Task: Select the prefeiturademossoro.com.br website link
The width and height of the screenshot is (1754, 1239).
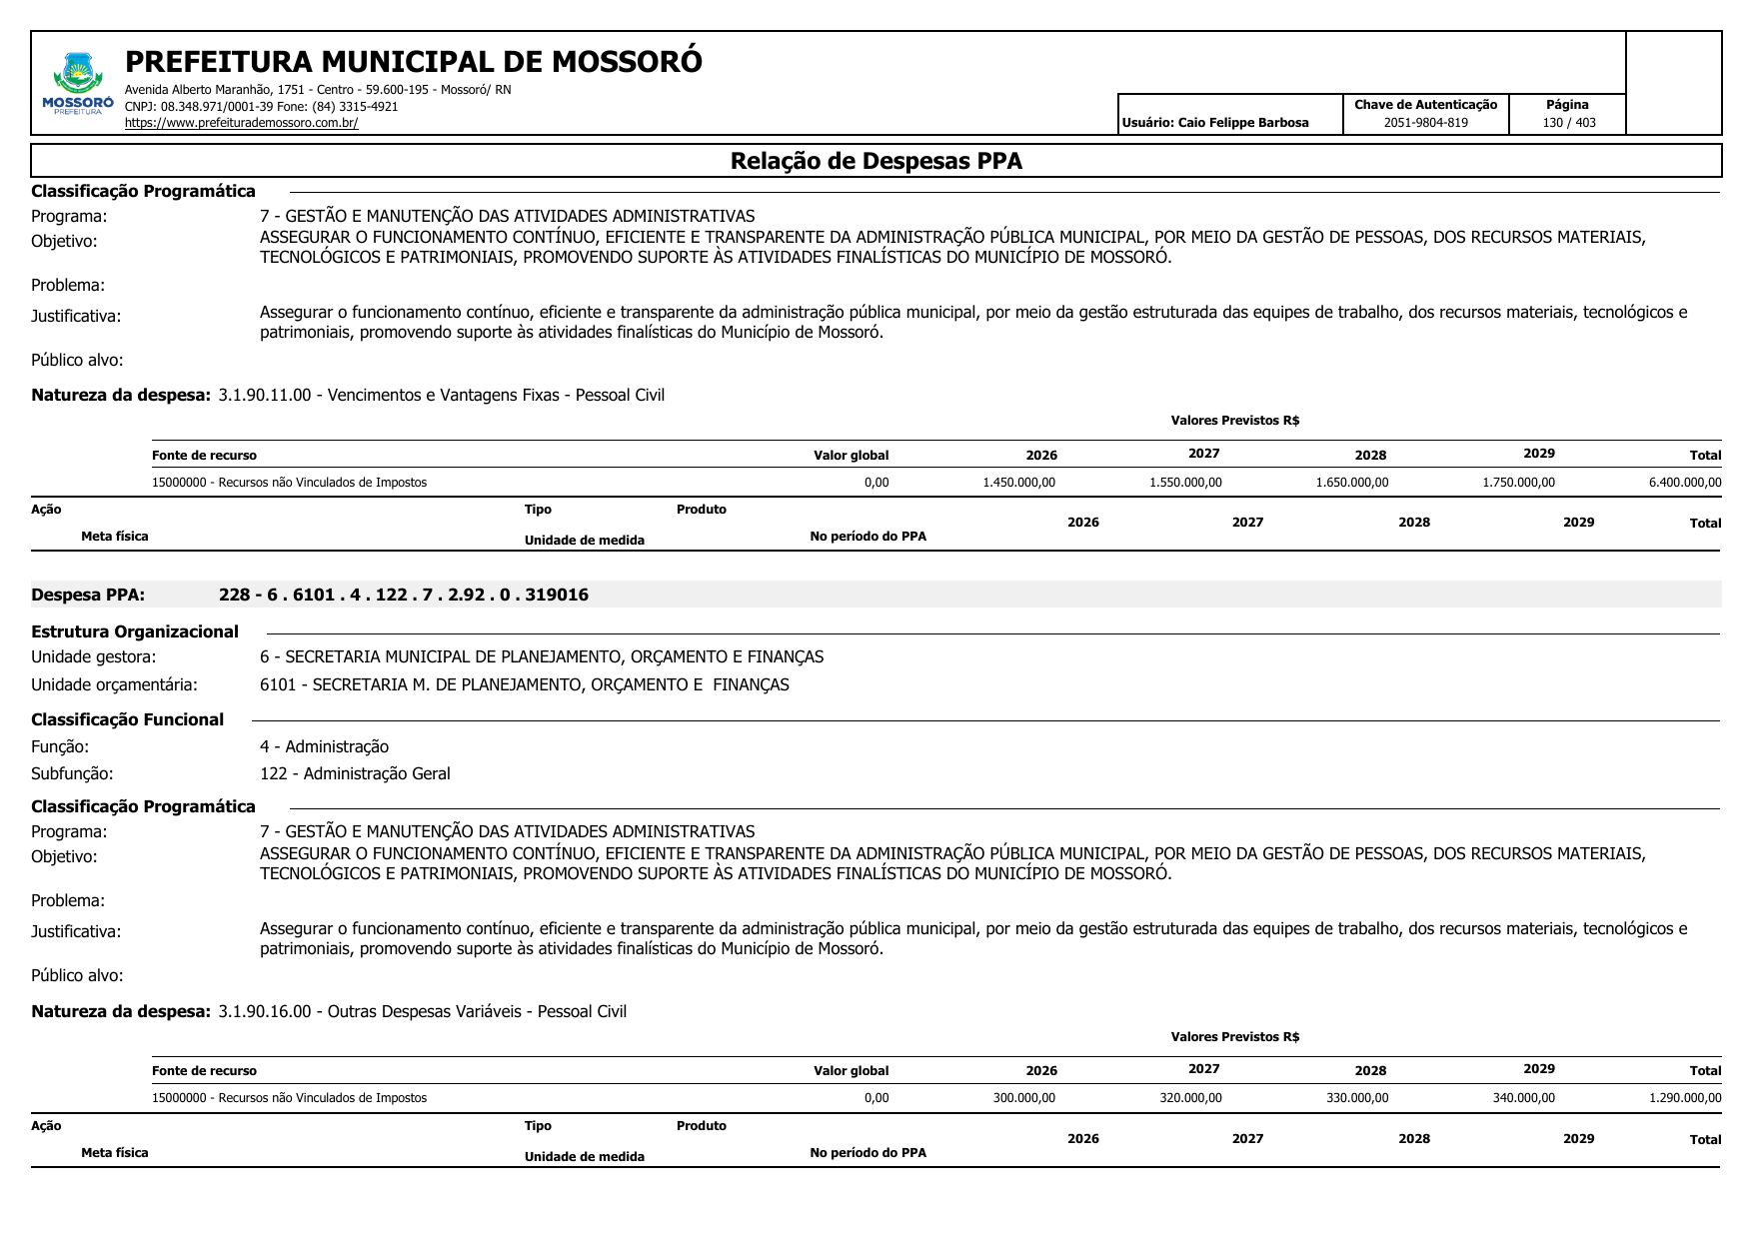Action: coord(241,123)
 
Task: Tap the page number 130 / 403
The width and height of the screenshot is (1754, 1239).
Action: coord(1568,123)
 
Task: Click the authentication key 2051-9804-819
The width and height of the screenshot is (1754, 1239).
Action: coord(1425,123)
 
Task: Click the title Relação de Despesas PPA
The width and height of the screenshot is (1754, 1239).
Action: coord(876,161)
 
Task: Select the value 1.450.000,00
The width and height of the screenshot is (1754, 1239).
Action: coord(1018,483)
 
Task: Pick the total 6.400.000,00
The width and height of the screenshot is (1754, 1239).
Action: coord(1684,483)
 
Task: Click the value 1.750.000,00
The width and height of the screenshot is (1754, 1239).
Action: coord(1518,483)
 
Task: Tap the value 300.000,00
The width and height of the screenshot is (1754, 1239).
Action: coord(1023,1098)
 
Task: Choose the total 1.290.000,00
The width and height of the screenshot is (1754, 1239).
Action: coord(1684,1098)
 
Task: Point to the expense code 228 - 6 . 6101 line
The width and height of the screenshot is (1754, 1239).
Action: coord(403,596)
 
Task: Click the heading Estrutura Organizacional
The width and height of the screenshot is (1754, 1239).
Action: coord(135,631)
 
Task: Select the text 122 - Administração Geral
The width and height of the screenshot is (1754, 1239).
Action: coord(355,773)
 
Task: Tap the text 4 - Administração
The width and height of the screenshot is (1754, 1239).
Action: coord(324,746)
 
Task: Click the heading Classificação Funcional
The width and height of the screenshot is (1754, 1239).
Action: coord(127,719)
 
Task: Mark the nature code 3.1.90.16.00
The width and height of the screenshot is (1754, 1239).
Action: coord(265,1011)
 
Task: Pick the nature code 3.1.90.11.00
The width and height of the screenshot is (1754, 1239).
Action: coord(265,395)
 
